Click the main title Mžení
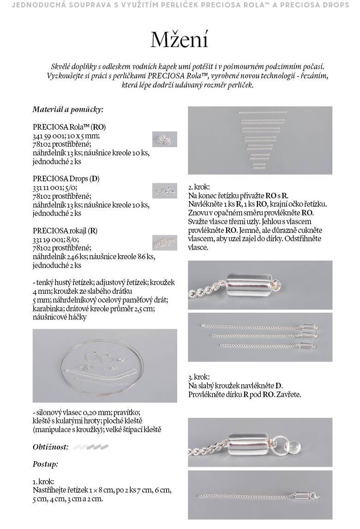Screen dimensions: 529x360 180,39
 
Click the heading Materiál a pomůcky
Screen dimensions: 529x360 67,109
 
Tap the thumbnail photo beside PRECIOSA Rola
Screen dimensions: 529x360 164,139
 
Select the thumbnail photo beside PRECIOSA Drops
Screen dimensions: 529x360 164,190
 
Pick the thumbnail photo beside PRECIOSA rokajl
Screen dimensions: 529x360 164,242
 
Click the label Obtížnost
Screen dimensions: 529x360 51,447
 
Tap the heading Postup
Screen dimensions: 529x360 45,464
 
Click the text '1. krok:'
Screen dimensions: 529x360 43,481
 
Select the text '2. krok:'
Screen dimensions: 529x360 199,188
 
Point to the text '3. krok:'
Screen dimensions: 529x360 199,377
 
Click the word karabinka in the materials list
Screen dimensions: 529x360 48,309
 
